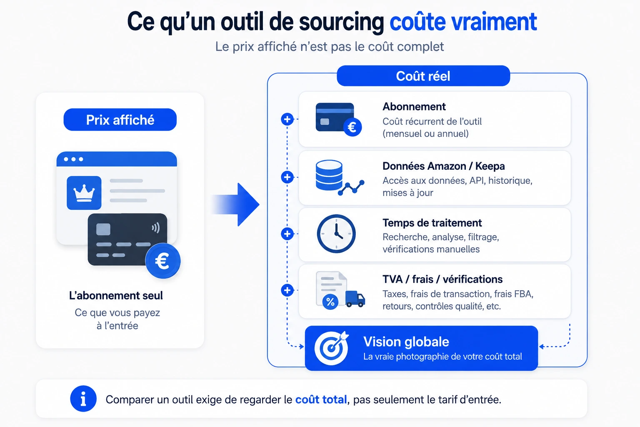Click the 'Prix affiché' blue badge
pos(120,120)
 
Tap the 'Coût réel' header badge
pos(423,76)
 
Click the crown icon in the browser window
pos(84,193)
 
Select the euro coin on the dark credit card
pos(163,261)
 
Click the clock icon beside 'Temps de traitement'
pos(336,234)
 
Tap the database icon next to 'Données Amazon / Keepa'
pos(329,175)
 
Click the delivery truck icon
pos(355,299)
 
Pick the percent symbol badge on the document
pos(330,302)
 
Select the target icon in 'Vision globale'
pos(331,347)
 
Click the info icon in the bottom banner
pos(83,399)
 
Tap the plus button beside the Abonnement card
pos(287,119)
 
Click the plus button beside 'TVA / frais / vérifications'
pos(287,290)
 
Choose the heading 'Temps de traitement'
pos(432,223)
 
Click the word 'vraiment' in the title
pos(494,22)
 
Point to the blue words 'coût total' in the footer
pos(321,399)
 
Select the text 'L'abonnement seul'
pos(116,296)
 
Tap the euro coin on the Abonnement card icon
pos(352,127)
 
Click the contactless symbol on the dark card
pos(155,228)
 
